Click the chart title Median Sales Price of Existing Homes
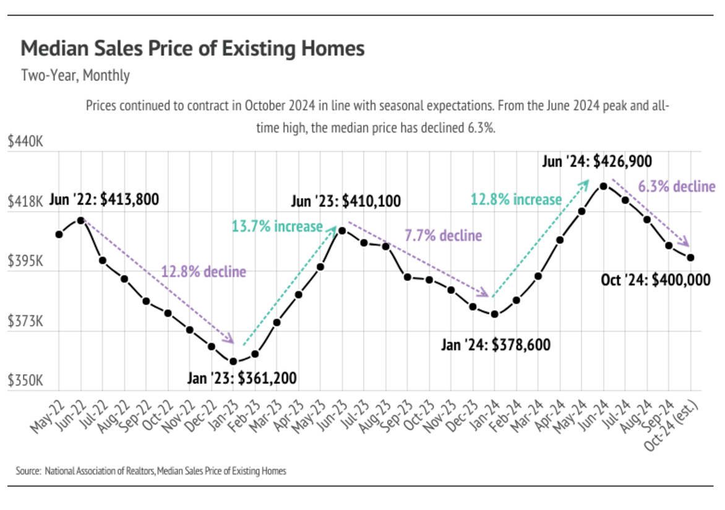pyautogui.click(x=192, y=48)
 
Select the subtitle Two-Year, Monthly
pyautogui.click(x=75, y=76)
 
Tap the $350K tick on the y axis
pyautogui.click(x=25, y=381)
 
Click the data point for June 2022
pyautogui.click(x=81, y=220)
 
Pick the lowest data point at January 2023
pyautogui.click(x=233, y=361)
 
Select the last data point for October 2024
pyautogui.click(x=690, y=257)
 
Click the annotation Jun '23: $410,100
pyautogui.click(x=346, y=202)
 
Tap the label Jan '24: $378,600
pyautogui.click(x=495, y=345)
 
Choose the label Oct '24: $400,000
pyautogui.click(x=655, y=280)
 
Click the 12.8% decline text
pyautogui.click(x=204, y=272)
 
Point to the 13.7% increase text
pyautogui.click(x=277, y=226)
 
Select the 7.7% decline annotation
pyautogui.click(x=443, y=236)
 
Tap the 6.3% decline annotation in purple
pyautogui.click(x=676, y=187)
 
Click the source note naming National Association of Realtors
pyautogui.click(x=151, y=471)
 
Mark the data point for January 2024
pyautogui.click(x=494, y=314)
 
